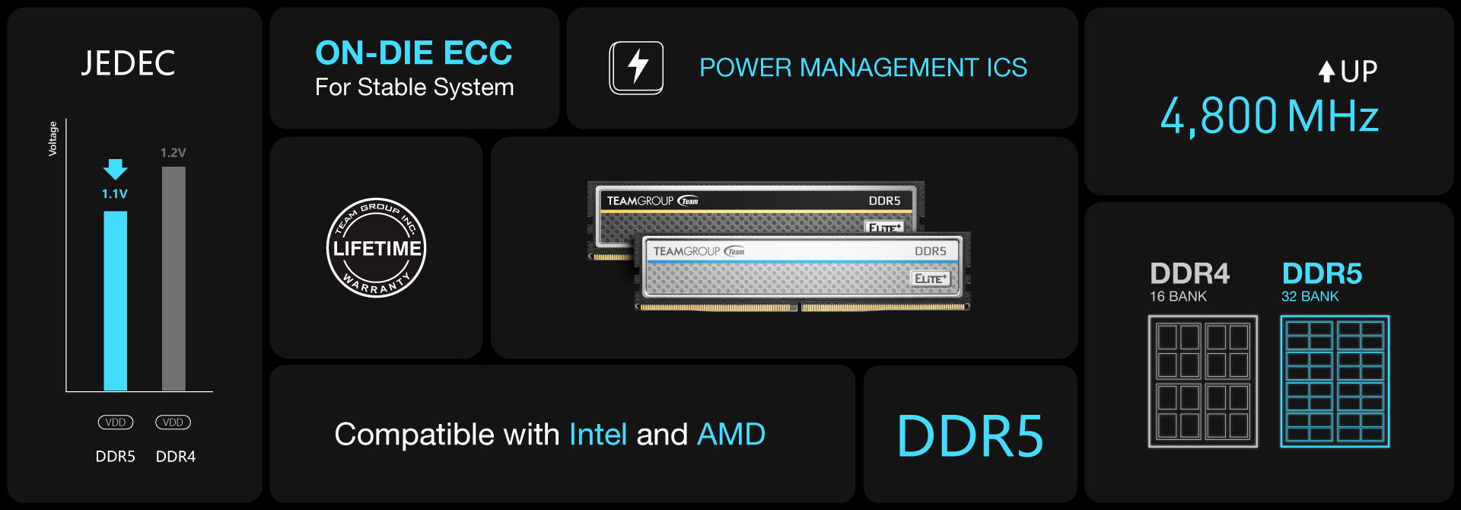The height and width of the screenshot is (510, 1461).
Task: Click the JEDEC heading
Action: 128,63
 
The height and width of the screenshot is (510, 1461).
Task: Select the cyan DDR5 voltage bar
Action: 115,300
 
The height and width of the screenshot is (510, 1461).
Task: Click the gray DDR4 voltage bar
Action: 173,278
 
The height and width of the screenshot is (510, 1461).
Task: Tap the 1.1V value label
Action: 115,194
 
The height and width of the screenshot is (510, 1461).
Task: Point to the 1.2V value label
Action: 173,153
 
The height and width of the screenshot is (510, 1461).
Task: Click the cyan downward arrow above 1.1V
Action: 115,169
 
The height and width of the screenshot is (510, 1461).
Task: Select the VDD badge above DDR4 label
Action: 173,422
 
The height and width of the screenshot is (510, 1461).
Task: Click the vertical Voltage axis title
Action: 53,139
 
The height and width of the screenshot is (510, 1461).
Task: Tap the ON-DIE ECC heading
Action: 413,53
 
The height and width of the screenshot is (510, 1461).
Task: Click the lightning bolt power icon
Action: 636,68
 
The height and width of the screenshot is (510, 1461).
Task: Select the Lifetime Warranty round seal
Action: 376,247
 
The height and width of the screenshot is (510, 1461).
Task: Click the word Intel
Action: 598,435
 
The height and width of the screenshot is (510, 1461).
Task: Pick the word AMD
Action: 731,435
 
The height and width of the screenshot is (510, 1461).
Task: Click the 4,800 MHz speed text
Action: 1268,116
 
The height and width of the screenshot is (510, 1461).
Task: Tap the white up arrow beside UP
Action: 1326,72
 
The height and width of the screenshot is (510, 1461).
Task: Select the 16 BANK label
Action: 1178,297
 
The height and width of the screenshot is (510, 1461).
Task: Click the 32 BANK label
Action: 1310,297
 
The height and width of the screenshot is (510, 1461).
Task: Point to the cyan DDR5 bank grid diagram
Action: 1335,381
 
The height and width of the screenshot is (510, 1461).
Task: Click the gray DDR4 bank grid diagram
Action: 1202,381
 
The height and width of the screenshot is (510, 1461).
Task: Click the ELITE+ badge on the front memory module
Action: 931,279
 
